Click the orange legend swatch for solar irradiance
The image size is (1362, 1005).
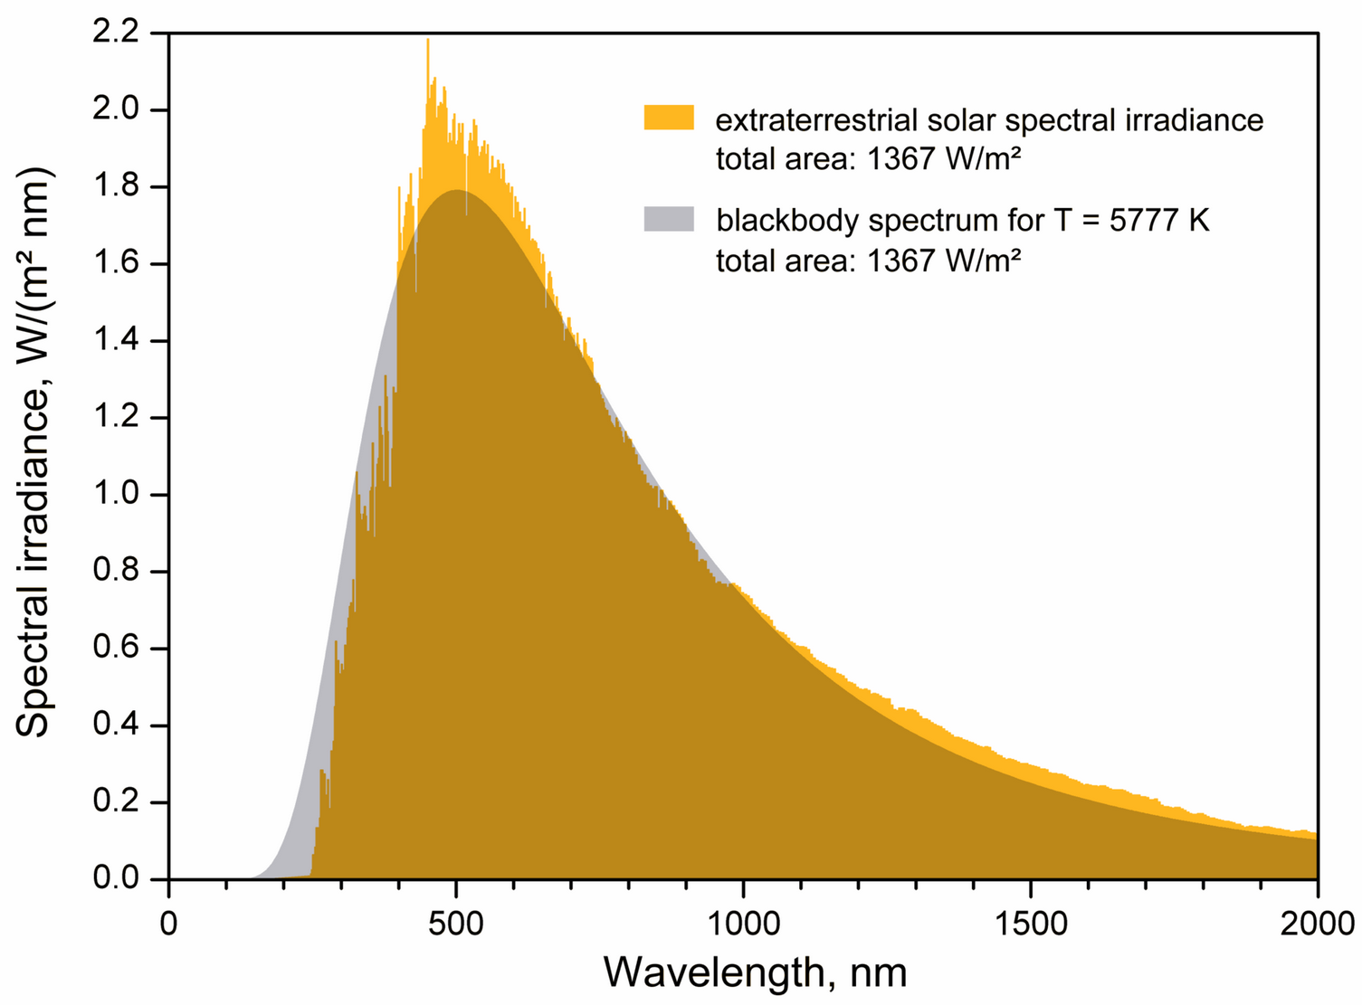pos(669,118)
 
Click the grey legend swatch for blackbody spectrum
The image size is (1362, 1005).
pos(669,219)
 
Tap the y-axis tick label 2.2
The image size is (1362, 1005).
pos(116,33)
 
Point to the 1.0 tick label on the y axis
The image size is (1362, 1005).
pos(116,495)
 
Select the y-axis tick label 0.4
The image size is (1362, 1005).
pos(116,725)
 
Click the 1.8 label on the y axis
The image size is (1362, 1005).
pos(116,187)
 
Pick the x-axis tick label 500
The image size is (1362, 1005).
pos(456,924)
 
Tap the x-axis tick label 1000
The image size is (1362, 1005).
pos(743,924)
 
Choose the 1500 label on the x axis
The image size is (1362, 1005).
pos(1030,924)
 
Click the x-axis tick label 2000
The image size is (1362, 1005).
pos(1317,924)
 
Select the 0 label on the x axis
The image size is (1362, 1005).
pos(169,924)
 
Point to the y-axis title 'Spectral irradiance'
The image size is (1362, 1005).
pos(34,507)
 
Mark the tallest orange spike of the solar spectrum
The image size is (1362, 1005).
pos(428,42)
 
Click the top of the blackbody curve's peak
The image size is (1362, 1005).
pos(457,191)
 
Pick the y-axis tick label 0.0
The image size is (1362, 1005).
pos(116,879)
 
